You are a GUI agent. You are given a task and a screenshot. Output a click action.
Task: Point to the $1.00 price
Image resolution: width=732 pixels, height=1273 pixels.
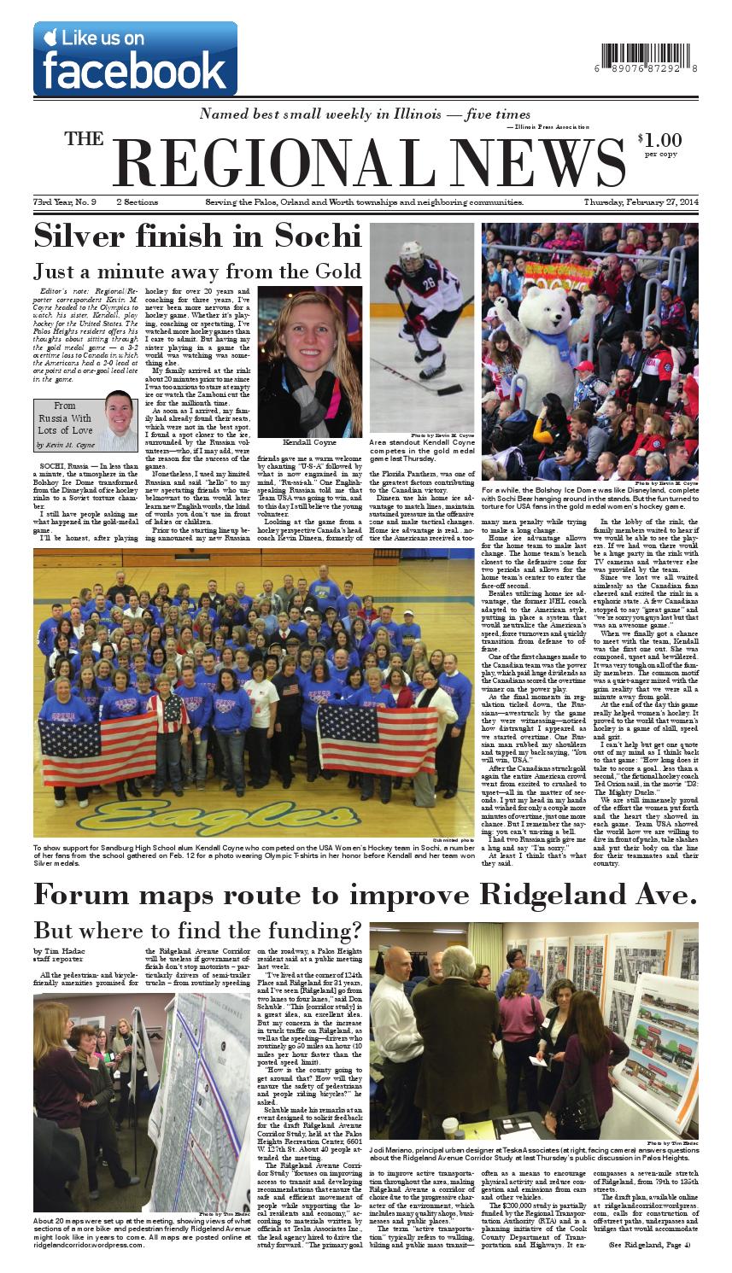[x=659, y=140]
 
